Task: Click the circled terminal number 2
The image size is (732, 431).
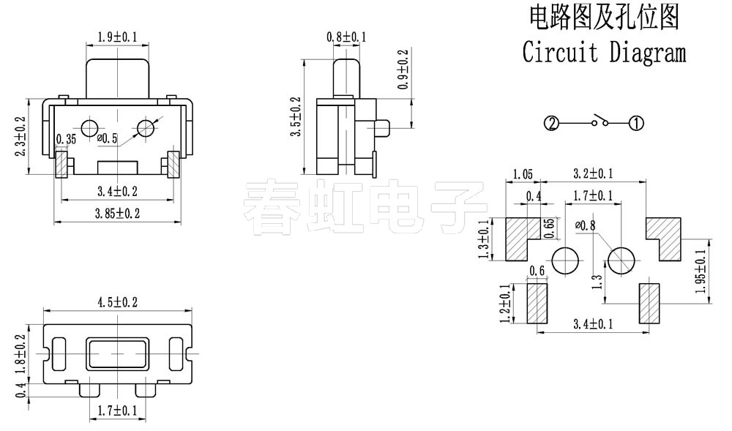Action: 552,124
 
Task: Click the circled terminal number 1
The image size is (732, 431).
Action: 636,124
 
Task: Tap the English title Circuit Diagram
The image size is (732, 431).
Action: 604,53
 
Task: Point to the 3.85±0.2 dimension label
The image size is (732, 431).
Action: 118,214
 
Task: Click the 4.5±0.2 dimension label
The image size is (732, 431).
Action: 118,302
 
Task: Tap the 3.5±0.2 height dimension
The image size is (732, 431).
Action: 296,119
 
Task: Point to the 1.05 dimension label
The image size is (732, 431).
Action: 523,174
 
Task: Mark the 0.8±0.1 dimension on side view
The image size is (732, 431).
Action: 346,37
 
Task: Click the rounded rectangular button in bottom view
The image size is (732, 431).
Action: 117,354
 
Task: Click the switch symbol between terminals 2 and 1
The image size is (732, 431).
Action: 602,121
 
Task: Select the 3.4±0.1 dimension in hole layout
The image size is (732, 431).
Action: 594,323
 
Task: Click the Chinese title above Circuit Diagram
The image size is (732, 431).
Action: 604,16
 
